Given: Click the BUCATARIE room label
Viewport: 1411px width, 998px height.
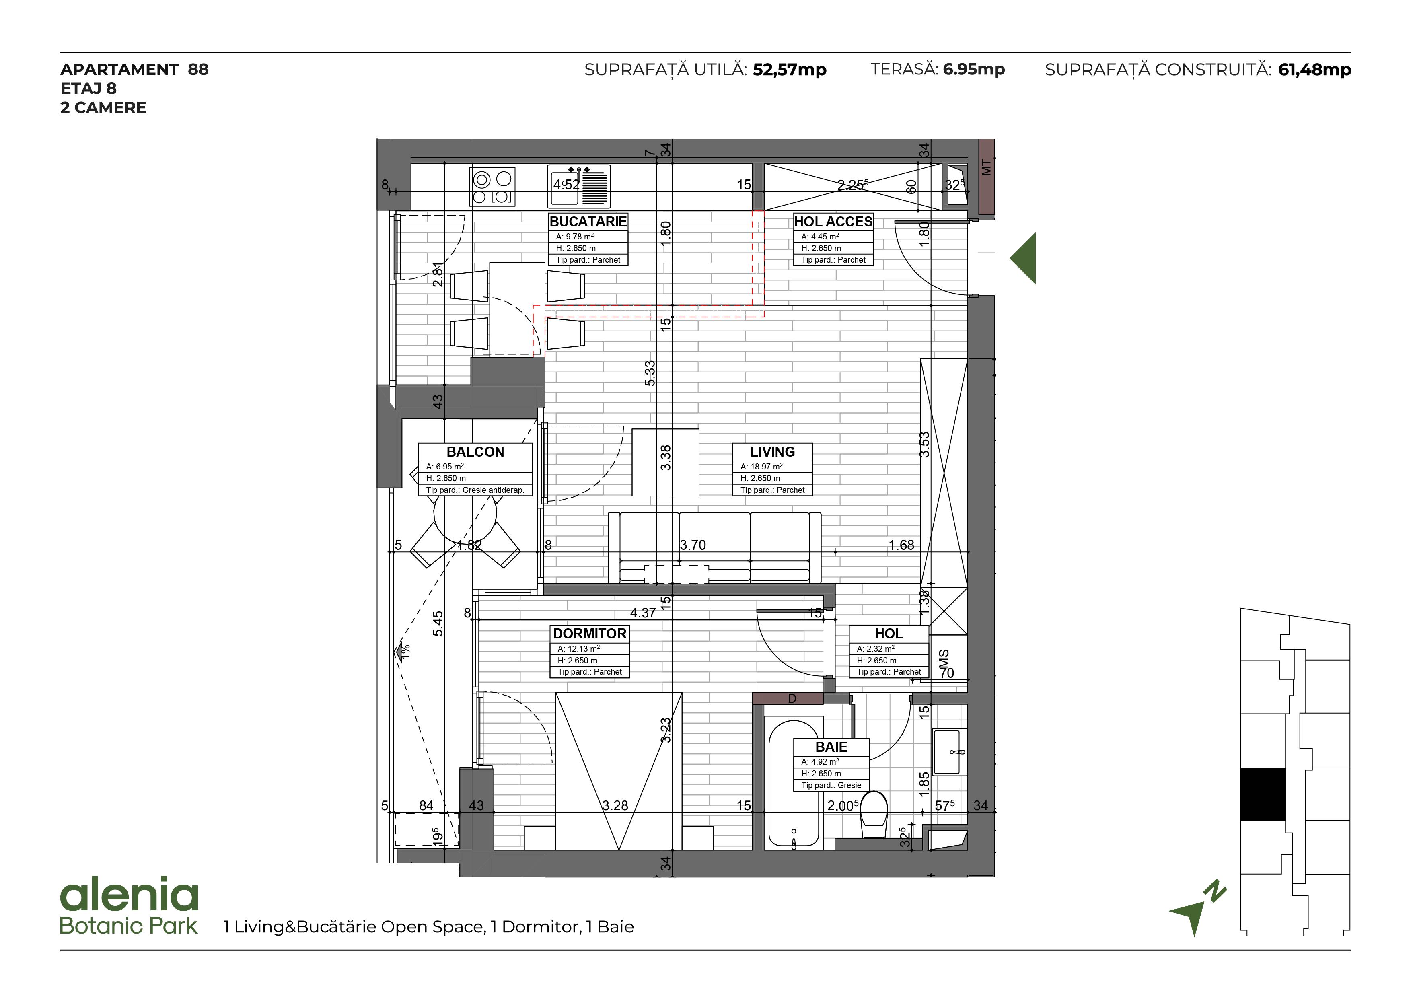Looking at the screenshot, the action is (x=588, y=222).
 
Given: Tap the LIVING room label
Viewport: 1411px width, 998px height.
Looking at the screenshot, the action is (x=773, y=452).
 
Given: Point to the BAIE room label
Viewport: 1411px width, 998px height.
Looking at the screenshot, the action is (x=831, y=747).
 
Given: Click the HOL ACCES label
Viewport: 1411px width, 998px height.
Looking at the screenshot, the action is (x=833, y=222).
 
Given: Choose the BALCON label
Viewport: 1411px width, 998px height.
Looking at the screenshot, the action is (x=475, y=452).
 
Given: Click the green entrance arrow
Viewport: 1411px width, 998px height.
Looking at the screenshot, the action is (x=1023, y=258).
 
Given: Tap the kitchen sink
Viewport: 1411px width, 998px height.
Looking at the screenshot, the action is (x=579, y=186).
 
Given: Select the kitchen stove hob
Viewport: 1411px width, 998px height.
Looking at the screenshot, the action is (x=492, y=187).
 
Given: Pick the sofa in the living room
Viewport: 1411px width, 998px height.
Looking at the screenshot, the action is (x=714, y=547).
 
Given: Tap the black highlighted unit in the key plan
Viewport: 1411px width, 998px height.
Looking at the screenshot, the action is (x=1263, y=794).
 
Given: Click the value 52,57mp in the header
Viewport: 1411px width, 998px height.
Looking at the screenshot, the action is (x=790, y=70).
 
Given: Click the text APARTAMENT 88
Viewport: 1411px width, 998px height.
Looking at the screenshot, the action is (x=135, y=70).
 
